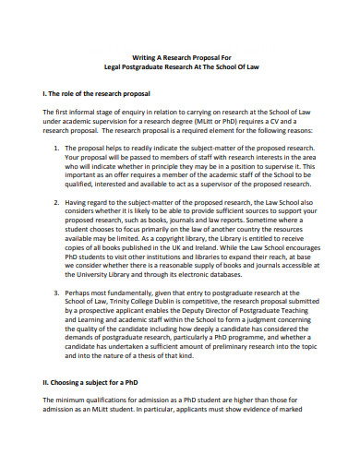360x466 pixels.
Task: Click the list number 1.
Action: (x=56, y=148)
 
